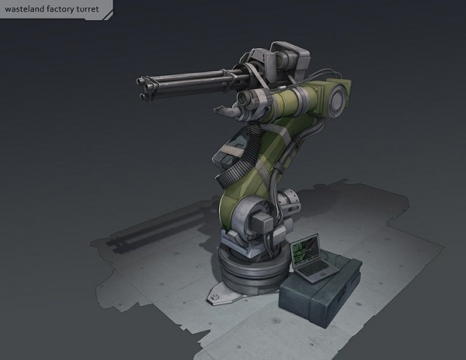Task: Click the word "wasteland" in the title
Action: click(x=24, y=9)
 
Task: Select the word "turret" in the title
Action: click(x=88, y=9)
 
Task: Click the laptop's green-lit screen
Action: click(x=305, y=251)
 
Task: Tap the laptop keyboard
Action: click(x=316, y=268)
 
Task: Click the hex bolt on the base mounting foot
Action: click(x=214, y=297)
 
